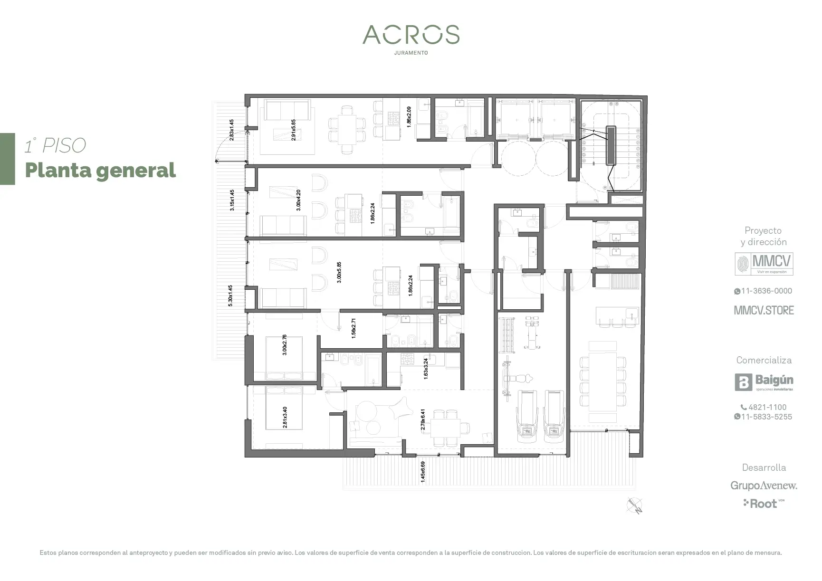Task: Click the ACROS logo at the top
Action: [x=411, y=35]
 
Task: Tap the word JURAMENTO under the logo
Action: [x=411, y=53]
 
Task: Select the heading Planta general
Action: [x=100, y=170]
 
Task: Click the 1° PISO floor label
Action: [x=56, y=145]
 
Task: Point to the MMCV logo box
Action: [x=764, y=264]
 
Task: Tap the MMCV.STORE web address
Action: [x=764, y=310]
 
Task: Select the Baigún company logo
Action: [x=764, y=382]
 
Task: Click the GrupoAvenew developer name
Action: [x=764, y=486]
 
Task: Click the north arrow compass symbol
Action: [x=635, y=505]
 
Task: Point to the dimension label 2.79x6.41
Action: [x=423, y=420]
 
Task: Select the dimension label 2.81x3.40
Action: [x=285, y=417]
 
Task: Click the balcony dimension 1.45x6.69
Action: [x=423, y=472]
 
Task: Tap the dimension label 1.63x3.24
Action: [x=426, y=368]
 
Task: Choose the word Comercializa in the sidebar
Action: [x=764, y=360]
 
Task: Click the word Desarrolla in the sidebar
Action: [x=764, y=467]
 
